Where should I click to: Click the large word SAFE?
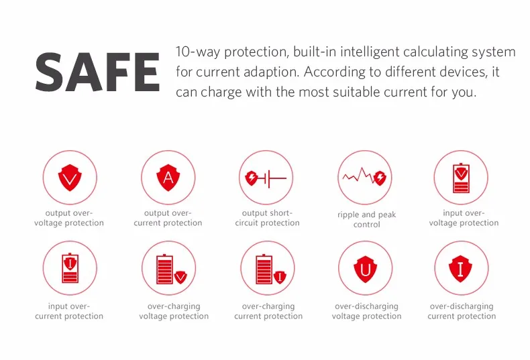coord(97,72)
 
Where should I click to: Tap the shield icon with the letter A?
coord(168,178)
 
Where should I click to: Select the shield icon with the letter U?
coord(366,269)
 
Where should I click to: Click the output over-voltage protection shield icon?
coord(70,178)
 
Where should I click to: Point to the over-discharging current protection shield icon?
coord(460,269)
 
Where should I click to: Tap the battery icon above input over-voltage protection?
coord(461,178)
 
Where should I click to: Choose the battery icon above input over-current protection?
coord(70,268)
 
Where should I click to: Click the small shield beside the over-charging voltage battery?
coord(180,277)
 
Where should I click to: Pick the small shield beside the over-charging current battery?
coord(280,277)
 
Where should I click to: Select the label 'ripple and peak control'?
coord(367,219)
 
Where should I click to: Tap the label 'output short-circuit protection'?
coord(267,218)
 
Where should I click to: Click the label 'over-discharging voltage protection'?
coord(367,311)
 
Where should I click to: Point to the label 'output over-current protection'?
coord(168,218)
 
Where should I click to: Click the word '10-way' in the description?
coord(197,52)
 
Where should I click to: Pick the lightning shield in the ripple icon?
coord(380,177)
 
